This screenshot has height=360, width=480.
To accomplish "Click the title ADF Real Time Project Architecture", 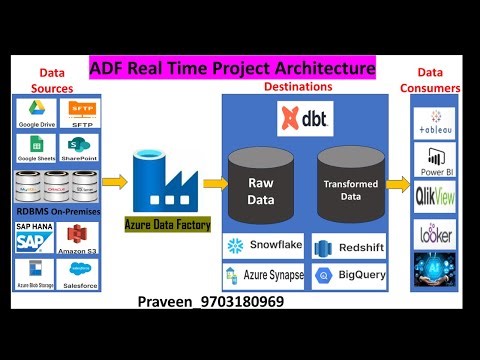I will coord(232,69).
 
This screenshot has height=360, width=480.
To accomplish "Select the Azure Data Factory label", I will coord(167,225).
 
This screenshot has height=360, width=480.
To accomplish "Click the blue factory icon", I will coord(162,180).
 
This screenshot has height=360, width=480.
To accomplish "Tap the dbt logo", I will coord(304,119).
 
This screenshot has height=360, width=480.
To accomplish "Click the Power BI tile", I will coord(436,161).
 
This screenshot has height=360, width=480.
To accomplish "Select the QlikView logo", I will coord(436,197).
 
